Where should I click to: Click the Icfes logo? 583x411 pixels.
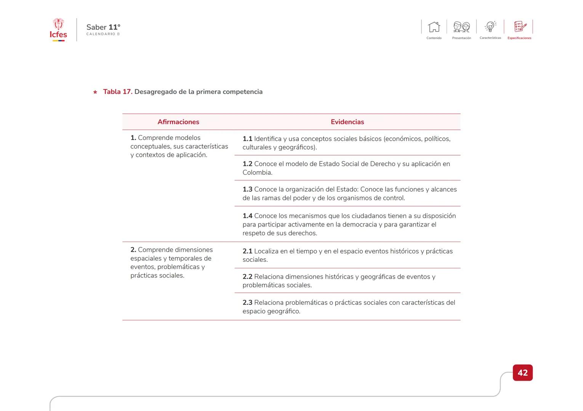(x=58, y=30)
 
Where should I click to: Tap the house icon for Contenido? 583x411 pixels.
(x=434, y=27)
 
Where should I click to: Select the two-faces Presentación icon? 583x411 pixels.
(x=461, y=27)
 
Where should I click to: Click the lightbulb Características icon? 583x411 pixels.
(x=490, y=27)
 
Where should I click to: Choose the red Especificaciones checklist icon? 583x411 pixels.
(x=520, y=27)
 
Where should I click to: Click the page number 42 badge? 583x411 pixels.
(x=522, y=373)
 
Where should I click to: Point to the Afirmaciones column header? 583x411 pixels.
(x=178, y=122)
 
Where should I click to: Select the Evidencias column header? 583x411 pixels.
(x=347, y=122)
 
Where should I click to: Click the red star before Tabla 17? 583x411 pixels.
(x=95, y=92)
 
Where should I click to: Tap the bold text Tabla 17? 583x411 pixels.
(x=117, y=92)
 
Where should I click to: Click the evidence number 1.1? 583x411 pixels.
(x=247, y=139)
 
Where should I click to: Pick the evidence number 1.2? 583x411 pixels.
(x=247, y=164)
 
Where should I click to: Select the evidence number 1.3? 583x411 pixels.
(x=247, y=190)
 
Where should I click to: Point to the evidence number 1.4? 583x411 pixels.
(x=247, y=216)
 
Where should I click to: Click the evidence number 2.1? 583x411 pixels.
(x=247, y=251)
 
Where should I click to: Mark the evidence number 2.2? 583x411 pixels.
(x=247, y=277)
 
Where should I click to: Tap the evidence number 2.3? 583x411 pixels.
(x=247, y=303)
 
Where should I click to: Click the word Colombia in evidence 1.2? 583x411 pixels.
(x=257, y=172)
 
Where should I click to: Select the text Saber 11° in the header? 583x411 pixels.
(x=103, y=27)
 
